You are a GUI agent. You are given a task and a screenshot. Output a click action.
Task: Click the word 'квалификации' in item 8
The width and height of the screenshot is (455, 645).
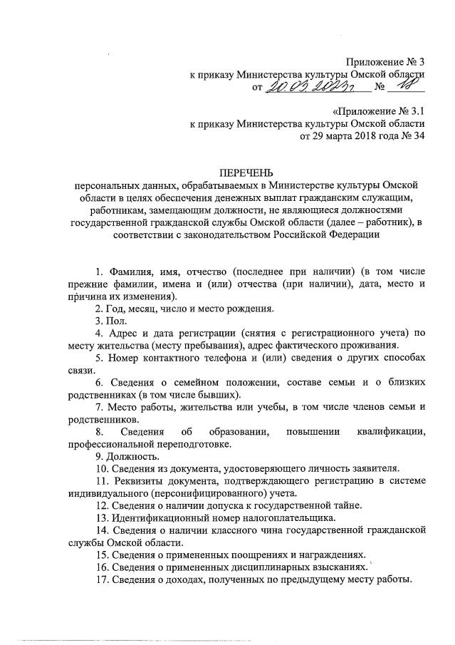[x=390, y=432]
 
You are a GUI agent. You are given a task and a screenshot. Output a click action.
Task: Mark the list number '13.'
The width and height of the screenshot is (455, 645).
[x=102, y=517]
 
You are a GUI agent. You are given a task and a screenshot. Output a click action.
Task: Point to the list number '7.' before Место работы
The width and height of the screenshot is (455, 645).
[x=99, y=408]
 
